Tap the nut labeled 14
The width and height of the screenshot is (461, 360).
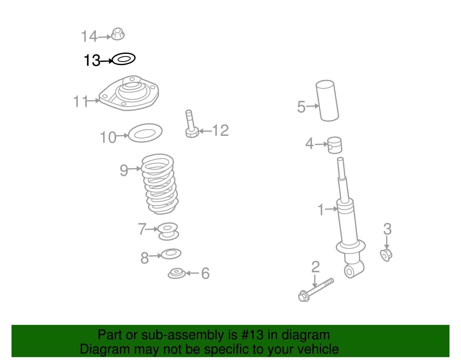coord(118,34)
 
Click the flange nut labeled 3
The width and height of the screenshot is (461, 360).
coord(386,255)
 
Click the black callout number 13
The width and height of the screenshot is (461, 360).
coord(92,60)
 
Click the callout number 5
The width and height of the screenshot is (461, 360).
coord(301,107)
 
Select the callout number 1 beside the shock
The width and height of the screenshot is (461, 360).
coord(321,210)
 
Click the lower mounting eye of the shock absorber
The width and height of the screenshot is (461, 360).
coord(349,271)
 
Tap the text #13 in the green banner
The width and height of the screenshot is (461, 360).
coord(252,335)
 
